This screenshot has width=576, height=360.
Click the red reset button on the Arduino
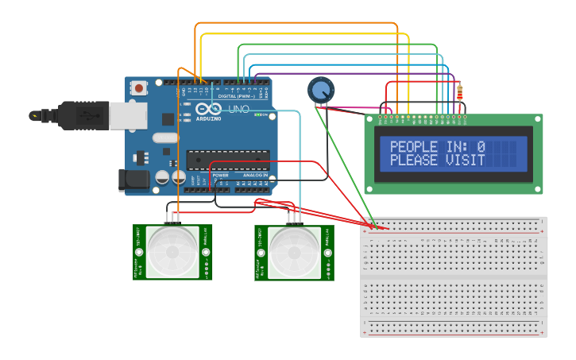[139, 88]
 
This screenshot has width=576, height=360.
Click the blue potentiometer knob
[321, 90]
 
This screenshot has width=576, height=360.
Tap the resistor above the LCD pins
[459, 94]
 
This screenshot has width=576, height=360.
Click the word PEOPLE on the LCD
[413, 147]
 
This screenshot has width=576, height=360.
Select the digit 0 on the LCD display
[481, 147]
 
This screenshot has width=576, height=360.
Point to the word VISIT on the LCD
[465, 161]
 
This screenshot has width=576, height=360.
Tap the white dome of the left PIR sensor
[172, 252]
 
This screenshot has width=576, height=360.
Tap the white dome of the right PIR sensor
[294, 252]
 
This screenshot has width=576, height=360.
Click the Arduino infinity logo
[209, 110]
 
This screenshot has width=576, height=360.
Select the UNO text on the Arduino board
[239, 109]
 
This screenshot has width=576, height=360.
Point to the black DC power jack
[133, 180]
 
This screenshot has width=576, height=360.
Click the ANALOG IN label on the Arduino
[254, 175]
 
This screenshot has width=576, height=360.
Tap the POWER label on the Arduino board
[220, 175]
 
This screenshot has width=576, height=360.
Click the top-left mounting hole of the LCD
[369, 118]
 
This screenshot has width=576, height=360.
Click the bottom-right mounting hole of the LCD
[538, 189]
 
